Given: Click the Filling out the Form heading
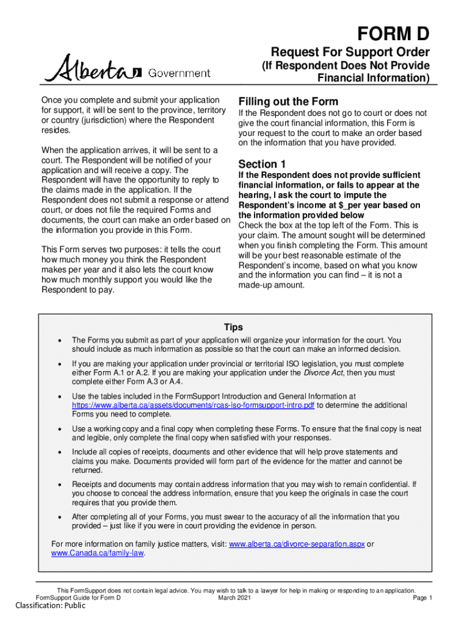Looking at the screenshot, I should (288, 101).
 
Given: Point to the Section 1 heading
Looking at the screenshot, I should (262, 164).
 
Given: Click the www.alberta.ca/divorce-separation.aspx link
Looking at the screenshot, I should (296, 544).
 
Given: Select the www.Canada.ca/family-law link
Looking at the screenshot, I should (98, 553).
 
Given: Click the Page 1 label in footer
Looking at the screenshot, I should (422, 598).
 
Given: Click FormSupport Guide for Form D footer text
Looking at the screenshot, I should (79, 598).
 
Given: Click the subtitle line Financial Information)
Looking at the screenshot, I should (374, 78).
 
